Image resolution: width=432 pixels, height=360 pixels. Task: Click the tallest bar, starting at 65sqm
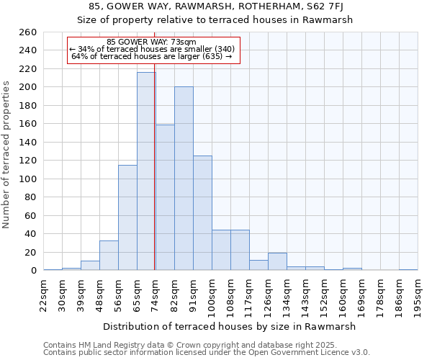pyautogui.click(x=146, y=171)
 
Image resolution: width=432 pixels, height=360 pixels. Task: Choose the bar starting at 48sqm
pyautogui.click(x=109, y=256)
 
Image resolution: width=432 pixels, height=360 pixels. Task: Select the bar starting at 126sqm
pyautogui.click(x=277, y=261)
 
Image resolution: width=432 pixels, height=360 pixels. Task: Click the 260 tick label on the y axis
pyautogui.click(x=28, y=32)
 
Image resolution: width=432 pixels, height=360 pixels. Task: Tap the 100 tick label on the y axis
pyautogui.click(x=28, y=179)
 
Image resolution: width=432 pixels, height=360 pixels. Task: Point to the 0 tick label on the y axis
pyautogui.click(x=33, y=271)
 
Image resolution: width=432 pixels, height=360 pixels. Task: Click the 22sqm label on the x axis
pyautogui.click(x=43, y=292)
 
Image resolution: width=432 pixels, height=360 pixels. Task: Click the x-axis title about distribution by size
pyautogui.click(x=230, y=326)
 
